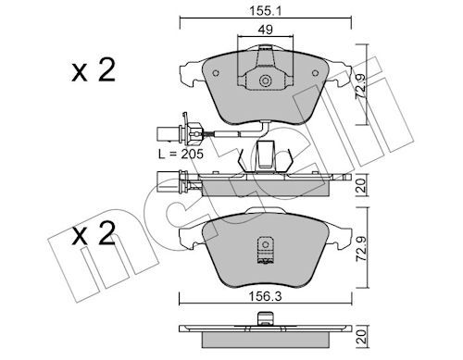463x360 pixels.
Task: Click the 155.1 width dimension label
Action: (266, 11)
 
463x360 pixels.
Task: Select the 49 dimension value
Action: (266, 30)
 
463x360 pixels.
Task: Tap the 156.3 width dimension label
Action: (266, 297)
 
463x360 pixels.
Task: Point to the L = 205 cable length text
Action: (181, 154)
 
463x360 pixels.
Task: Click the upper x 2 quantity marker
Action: (94, 70)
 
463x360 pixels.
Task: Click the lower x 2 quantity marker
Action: (94, 233)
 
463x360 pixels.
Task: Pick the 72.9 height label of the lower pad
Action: (361, 249)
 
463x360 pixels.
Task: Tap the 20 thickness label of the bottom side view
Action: (361, 337)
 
